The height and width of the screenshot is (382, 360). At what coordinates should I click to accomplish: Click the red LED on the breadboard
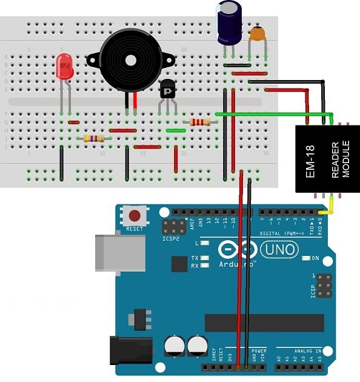point(64,66)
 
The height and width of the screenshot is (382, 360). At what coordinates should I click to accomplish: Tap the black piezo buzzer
point(128,60)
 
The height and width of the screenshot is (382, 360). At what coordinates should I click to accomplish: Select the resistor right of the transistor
point(200,122)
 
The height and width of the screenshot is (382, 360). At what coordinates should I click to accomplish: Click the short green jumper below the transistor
point(175,130)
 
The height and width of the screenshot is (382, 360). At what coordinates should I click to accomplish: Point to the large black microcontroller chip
point(264,323)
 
